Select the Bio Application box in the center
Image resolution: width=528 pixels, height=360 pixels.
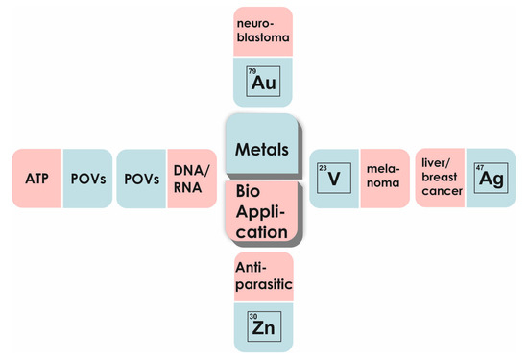coord(262,212)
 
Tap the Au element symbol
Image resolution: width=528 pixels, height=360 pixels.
coord(264,84)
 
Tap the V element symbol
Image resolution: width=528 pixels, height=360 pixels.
coord(333,179)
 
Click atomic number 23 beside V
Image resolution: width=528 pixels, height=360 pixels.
coord(323,168)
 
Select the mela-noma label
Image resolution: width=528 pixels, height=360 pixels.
coord(382,179)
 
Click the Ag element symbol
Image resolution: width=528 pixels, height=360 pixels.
coord(491,179)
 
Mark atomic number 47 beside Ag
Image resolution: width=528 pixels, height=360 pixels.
coord(480,168)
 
